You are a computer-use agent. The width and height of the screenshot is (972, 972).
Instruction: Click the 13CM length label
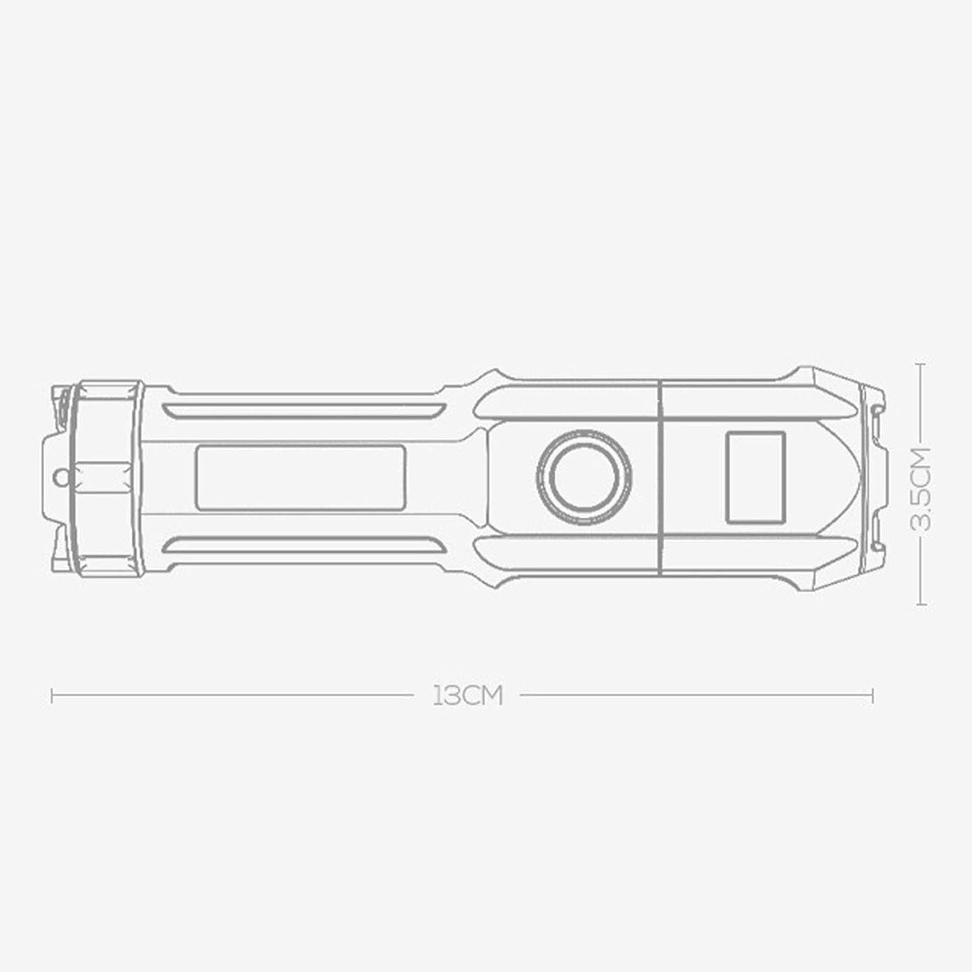pos(468,696)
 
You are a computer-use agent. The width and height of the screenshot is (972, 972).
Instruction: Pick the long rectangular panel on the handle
pos(300,477)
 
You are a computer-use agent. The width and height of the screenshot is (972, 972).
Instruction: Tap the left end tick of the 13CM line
pos(52,696)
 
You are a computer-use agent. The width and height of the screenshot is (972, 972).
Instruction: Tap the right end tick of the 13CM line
pos(872,696)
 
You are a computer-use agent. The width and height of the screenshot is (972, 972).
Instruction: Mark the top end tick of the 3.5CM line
pos(922,364)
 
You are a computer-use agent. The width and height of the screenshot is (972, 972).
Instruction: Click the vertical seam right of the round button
pos(660,477)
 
